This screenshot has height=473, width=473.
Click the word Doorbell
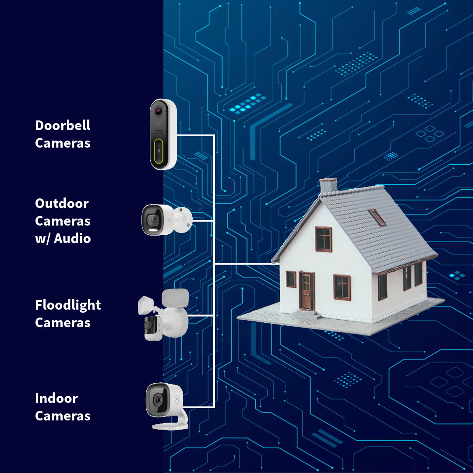coord(63,126)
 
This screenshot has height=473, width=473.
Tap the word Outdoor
coord(62,204)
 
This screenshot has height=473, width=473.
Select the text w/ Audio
coord(63,239)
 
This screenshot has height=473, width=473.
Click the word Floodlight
coord(68,305)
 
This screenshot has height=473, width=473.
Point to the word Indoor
coord(56,399)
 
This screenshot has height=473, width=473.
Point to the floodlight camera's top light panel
coord(175,297)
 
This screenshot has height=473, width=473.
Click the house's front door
coord(307,290)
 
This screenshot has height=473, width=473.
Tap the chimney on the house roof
coord(328,186)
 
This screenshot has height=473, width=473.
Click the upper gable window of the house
coord(324,239)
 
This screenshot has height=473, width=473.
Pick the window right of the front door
coord(342,287)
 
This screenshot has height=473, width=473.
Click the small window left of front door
coord(291,279)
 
